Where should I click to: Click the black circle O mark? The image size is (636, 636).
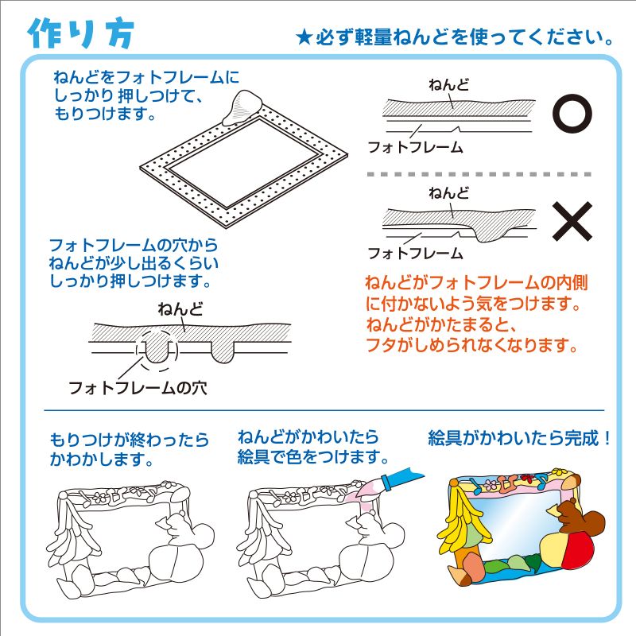click(572, 114)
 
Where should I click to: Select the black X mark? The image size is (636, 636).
click(572, 220)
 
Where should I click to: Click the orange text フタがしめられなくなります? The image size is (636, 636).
click(470, 346)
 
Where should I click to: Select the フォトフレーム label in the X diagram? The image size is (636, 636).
click(414, 254)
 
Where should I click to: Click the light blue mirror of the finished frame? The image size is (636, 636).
click(517, 525)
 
